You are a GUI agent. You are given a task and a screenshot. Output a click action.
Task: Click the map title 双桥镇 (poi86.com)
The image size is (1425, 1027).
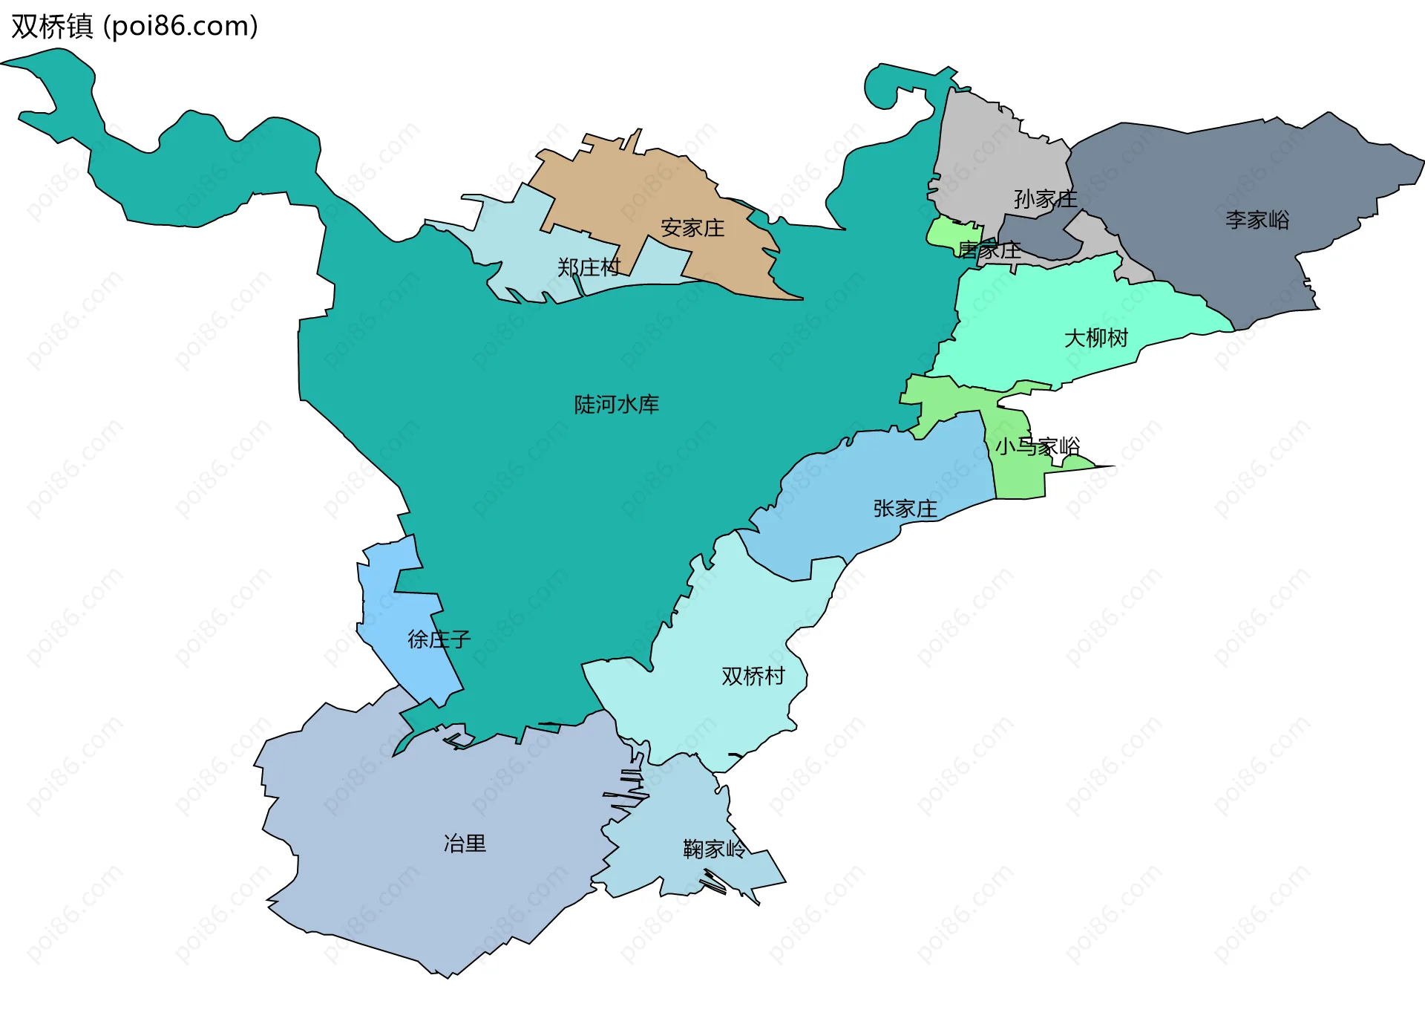(134, 26)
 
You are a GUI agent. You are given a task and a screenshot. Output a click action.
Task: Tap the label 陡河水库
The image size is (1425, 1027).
(616, 405)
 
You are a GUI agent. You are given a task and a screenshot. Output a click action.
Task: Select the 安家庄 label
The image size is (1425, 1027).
(692, 228)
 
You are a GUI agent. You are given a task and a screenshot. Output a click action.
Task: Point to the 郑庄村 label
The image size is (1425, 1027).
(589, 267)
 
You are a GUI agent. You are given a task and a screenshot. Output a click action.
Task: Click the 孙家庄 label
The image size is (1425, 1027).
(1045, 199)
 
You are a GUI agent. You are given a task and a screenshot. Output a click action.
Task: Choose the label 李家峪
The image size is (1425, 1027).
(1257, 220)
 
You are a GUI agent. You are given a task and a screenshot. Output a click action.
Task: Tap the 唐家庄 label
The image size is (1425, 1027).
(989, 251)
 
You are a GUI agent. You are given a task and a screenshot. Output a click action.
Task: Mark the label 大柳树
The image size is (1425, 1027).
(1096, 339)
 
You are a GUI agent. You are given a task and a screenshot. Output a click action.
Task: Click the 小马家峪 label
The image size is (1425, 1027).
(1038, 447)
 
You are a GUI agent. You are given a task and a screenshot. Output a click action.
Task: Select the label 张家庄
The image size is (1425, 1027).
(905, 509)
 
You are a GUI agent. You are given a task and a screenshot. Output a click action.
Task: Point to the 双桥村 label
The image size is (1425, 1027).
(753, 676)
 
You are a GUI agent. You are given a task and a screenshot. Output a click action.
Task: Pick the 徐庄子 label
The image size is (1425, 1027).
(439, 639)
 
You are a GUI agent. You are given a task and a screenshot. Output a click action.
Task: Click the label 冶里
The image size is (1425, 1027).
(465, 844)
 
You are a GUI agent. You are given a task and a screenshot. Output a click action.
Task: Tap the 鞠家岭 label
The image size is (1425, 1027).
(714, 850)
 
